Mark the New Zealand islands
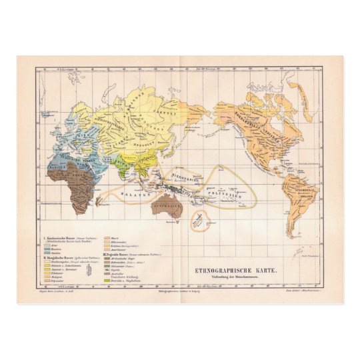[x=199, y=220]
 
